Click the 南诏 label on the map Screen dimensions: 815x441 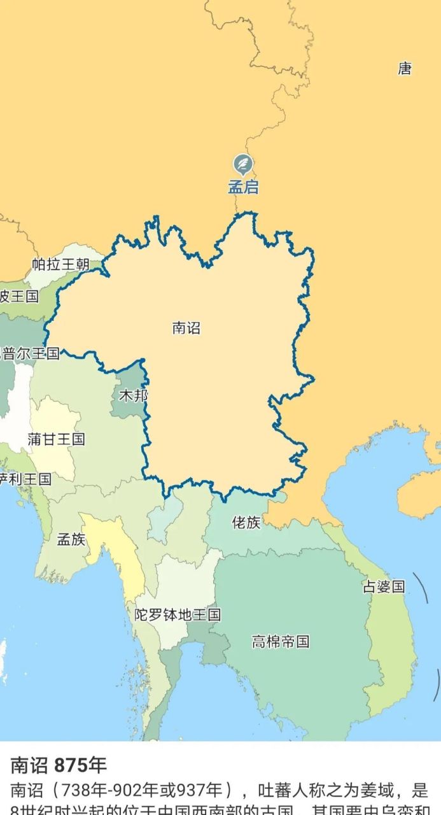[x=186, y=328]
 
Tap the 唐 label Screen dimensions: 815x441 [x=405, y=69]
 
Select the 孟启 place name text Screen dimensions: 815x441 [x=243, y=188]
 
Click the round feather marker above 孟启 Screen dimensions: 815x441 [x=242, y=164]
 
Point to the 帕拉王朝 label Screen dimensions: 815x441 [x=61, y=264]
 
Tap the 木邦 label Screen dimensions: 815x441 [x=133, y=395]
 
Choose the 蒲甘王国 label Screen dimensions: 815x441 [x=56, y=439]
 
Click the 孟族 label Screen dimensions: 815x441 [x=71, y=539]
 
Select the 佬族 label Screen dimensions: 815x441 [x=246, y=523]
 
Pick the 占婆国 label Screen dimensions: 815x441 [x=384, y=586]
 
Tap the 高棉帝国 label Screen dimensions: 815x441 [x=280, y=641]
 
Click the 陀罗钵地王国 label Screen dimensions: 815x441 [x=178, y=614]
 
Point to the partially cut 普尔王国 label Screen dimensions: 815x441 [x=30, y=353]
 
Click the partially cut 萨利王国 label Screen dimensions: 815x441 [x=25, y=479]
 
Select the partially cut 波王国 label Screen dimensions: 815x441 [x=19, y=296]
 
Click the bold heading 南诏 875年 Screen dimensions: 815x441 [x=59, y=765]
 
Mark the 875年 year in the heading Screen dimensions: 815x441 [x=80, y=765]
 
